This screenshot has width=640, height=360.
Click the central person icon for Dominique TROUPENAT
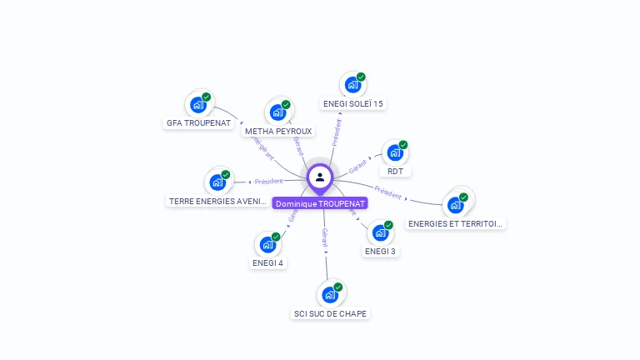320,177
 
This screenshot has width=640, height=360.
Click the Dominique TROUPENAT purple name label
320,203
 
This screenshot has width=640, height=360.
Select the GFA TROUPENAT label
198,122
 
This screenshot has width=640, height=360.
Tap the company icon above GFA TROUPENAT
198,104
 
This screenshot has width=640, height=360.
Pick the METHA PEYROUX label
278,131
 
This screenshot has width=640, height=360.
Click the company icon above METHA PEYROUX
277,112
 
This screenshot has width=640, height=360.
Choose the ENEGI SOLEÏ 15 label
353,103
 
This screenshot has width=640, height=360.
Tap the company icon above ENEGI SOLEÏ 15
352,85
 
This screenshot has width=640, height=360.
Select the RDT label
395,171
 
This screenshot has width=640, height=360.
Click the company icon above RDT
394,153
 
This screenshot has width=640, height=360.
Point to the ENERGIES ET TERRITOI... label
456,223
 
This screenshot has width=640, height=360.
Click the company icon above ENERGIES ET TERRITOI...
455,205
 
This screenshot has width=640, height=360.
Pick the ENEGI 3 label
380,250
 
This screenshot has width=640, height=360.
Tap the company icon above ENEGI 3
380,232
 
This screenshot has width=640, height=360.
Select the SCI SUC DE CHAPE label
330,313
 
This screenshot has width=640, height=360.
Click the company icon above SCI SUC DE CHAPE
330,294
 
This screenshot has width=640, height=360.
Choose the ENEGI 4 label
267,262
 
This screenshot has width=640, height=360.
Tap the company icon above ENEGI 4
267,245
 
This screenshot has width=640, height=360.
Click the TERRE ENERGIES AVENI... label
217,201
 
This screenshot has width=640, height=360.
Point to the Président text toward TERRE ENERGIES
269,181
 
